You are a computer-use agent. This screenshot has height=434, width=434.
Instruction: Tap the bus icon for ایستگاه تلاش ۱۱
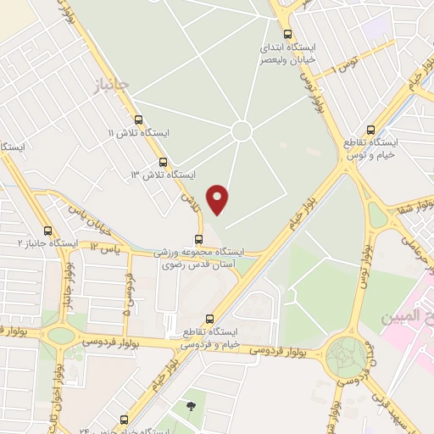tap(138, 120)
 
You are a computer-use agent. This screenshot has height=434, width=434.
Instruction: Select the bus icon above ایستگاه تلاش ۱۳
tap(163, 161)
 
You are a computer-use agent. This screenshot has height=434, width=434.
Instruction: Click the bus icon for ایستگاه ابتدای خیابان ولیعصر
tap(288, 35)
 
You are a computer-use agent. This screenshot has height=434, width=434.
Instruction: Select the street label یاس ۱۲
tap(95, 248)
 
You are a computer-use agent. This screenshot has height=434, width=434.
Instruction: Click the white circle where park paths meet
tap(242, 131)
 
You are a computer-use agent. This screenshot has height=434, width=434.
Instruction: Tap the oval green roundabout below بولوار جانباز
tap(61, 335)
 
